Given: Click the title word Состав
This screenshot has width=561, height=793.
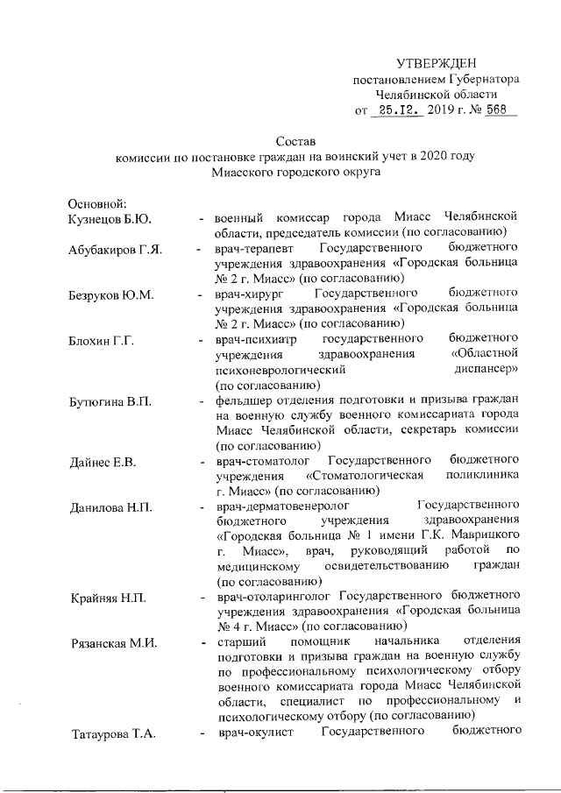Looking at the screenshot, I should (295, 140).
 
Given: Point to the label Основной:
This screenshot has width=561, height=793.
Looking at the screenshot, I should (98, 202).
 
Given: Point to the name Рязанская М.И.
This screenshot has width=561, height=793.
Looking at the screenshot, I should (112, 644).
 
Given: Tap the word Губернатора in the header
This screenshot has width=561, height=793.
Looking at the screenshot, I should (482, 79).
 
